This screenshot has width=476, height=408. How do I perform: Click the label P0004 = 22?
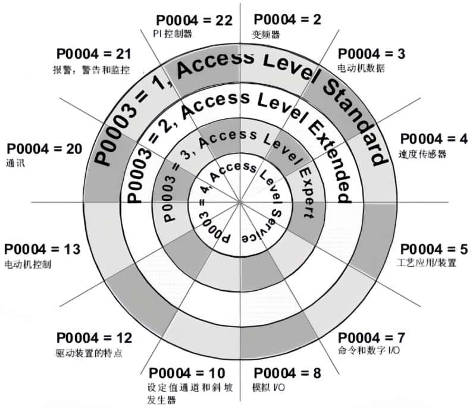[195, 20]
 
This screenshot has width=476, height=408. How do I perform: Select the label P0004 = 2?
[287, 20]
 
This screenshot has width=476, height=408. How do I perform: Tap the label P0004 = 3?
[371, 54]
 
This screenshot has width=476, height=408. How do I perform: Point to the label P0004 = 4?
[434, 139]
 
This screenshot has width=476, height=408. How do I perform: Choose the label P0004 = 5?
[434, 249]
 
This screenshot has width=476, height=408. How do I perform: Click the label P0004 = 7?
[371, 338]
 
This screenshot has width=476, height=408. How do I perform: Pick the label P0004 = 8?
[287, 373]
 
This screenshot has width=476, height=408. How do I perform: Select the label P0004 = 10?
[187, 373]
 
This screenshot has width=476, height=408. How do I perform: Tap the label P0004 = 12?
[95, 338]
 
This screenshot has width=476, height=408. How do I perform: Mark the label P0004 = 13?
[42, 249]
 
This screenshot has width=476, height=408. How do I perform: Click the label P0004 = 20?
[44, 149]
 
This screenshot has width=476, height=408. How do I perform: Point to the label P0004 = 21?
[94, 54]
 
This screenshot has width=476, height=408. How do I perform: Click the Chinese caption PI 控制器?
[173, 34]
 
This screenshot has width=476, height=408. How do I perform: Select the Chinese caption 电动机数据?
[361, 68]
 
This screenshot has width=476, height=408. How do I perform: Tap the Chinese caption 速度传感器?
[422, 154]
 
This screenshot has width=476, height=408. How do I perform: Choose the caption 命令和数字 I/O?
[369, 350]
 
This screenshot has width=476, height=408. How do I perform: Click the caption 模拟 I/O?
[269, 387]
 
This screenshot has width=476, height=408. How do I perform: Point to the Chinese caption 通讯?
[15, 163]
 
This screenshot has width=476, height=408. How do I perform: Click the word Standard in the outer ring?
[356, 121]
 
